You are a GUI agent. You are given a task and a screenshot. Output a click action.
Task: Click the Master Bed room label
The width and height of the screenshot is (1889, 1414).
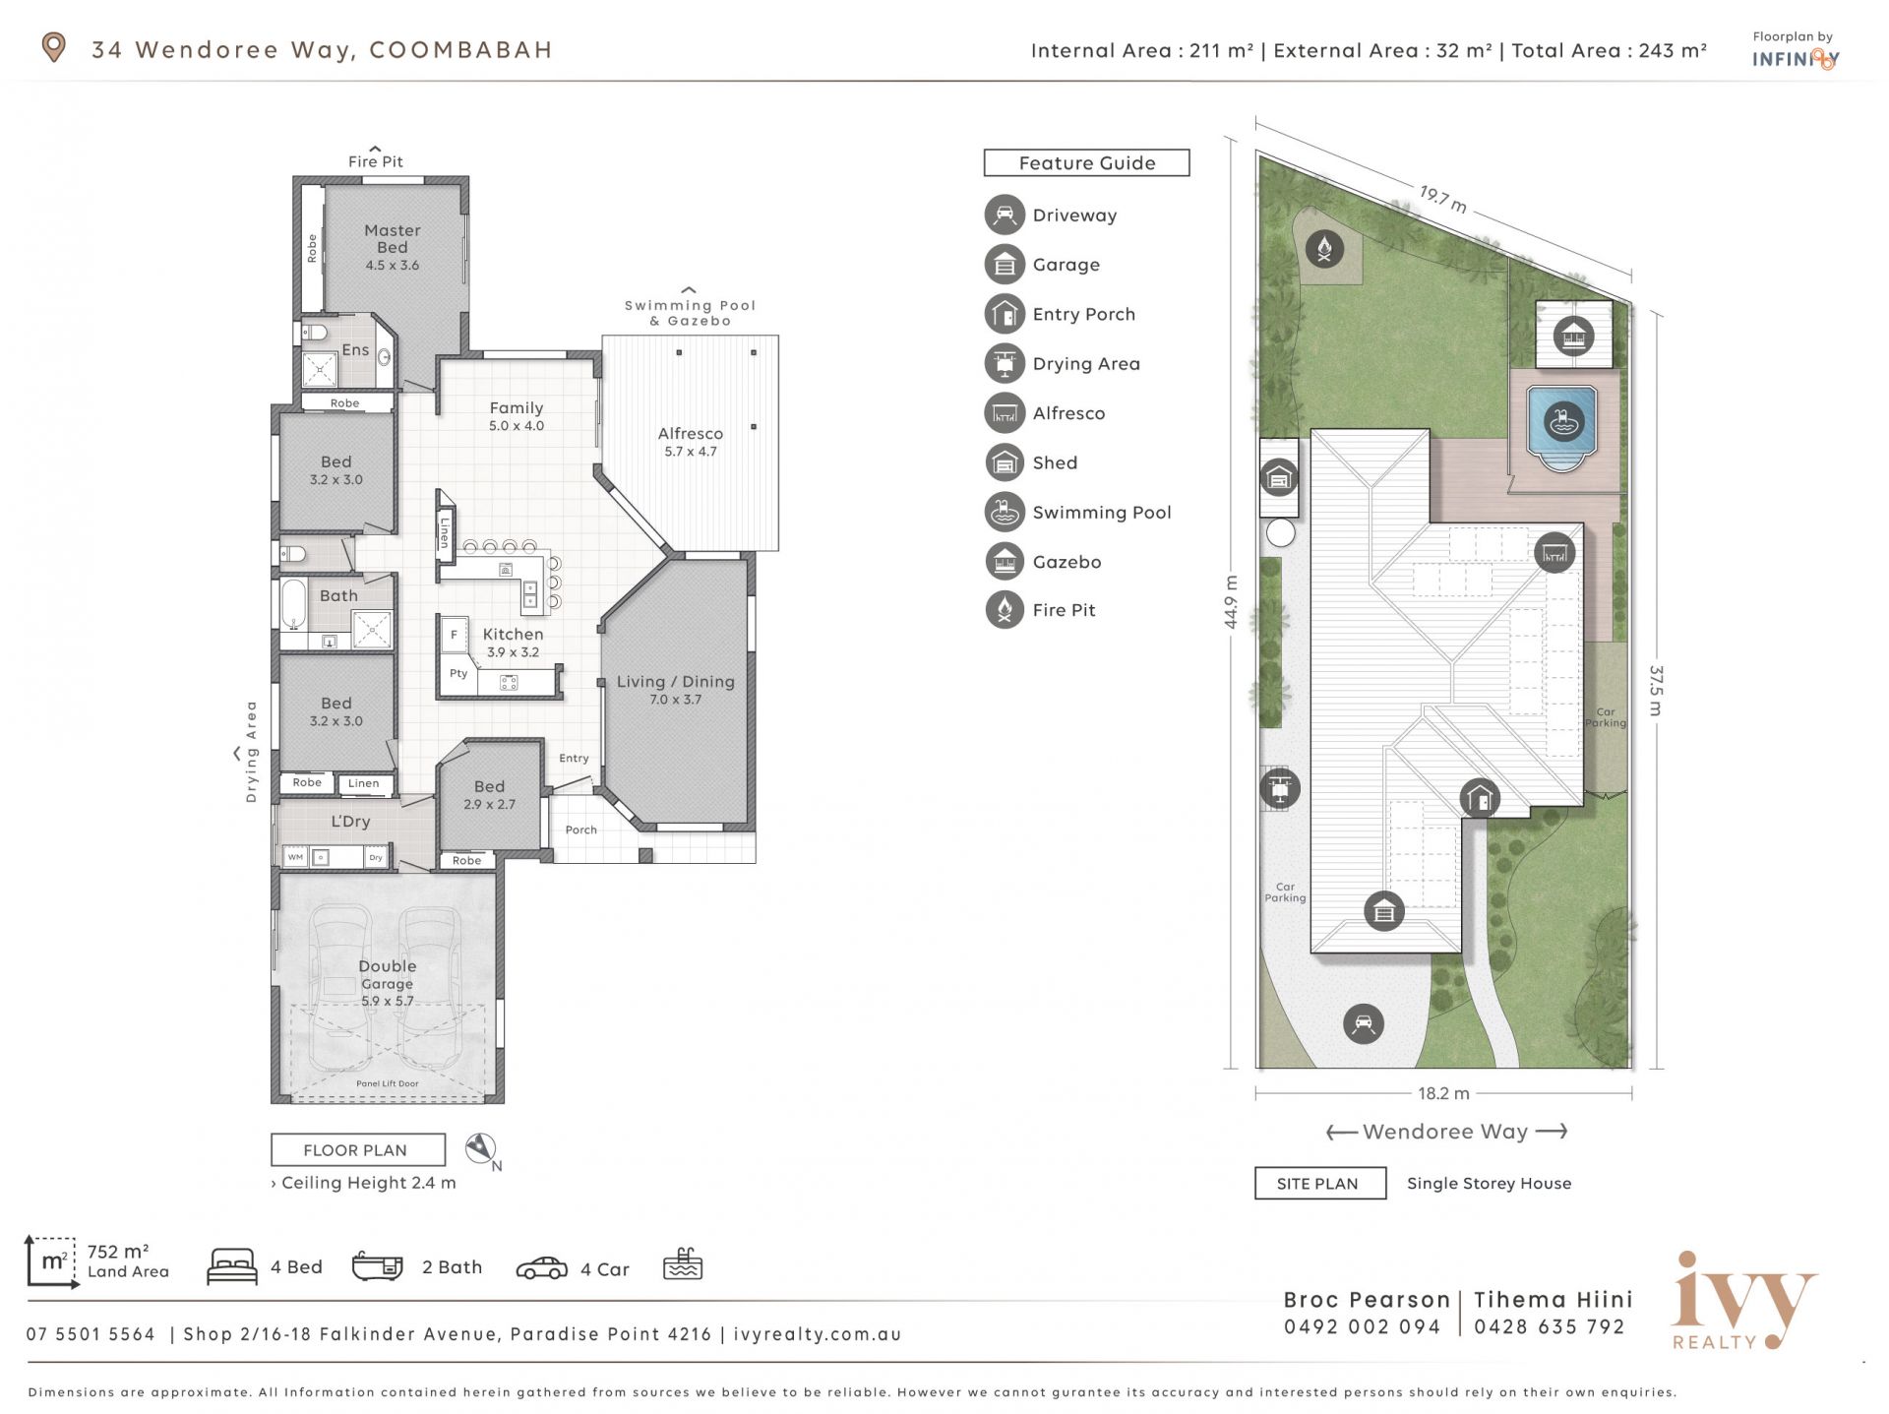click(x=392, y=239)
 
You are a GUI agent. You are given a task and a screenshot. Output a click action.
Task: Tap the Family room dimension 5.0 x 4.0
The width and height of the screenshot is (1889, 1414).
click(x=517, y=426)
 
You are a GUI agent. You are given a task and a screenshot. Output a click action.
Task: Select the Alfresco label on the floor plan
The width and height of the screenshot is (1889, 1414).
click(x=691, y=434)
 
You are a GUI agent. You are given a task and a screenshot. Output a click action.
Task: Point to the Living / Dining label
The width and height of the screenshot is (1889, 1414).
click(x=676, y=682)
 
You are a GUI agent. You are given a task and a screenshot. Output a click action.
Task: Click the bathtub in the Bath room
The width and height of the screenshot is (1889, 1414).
click(x=294, y=604)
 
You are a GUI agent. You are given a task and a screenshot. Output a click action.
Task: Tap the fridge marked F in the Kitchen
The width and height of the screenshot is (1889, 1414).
click(x=454, y=635)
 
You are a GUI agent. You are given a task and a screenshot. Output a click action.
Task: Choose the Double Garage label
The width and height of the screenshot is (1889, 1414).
click(x=388, y=974)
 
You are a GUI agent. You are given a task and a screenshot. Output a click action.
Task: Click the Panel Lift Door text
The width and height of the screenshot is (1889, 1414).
click(x=388, y=1083)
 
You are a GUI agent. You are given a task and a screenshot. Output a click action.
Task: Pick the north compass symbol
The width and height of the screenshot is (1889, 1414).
click(x=483, y=1150)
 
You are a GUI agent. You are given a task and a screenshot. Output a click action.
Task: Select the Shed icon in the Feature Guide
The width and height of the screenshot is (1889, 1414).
click(x=1005, y=462)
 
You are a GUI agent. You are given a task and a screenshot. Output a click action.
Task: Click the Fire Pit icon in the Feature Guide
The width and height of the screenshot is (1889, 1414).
click(x=1005, y=610)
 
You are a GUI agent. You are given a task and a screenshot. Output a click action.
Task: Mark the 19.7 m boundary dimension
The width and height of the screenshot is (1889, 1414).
click(x=1443, y=199)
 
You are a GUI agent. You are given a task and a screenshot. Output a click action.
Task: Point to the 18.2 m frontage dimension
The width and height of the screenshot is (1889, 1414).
click(x=1444, y=1093)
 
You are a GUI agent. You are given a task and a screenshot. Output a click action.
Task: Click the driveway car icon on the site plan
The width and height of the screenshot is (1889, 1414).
click(x=1364, y=1023)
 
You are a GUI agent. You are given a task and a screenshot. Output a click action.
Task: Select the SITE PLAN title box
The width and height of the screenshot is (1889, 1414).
click(x=1320, y=1184)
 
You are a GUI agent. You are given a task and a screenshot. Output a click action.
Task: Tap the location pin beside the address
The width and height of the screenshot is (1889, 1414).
click(x=53, y=47)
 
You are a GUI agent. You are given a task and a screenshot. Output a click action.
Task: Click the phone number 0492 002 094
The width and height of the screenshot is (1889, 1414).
click(x=1363, y=1327)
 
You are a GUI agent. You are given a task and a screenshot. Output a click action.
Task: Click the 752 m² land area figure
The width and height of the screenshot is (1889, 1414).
click(x=118, y=1252)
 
